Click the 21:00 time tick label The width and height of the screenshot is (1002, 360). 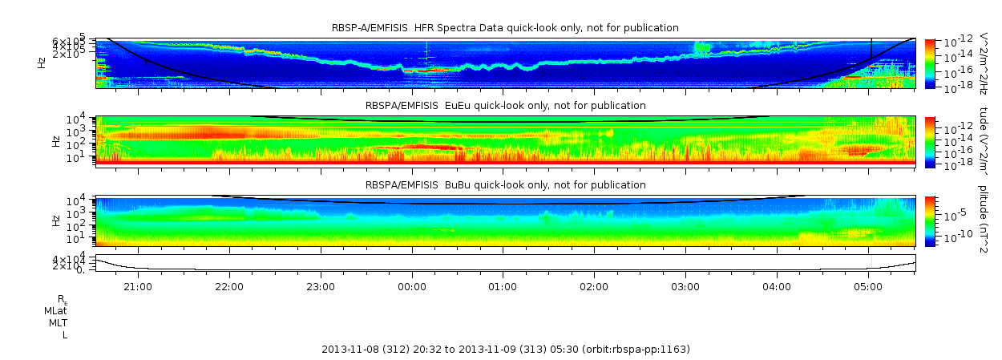pos(138,285)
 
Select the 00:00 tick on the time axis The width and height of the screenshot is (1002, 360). pos(412,285)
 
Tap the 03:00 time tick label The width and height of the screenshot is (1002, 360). pos(686,285)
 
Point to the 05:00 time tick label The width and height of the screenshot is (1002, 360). pos(869,285)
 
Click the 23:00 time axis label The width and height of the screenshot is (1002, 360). pos(321,285)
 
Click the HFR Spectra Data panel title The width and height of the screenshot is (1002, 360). pos(505,28)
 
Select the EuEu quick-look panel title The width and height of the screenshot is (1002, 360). pos(505,105)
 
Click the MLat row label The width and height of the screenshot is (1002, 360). pos(55,310)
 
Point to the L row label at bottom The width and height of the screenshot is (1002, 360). pos(65,334)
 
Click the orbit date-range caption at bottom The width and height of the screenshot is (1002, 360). pos(505,350)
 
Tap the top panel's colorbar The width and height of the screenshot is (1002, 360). pos(930,63)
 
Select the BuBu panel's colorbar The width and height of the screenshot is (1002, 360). pos(930,220)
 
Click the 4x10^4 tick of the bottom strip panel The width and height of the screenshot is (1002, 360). pos(80,260)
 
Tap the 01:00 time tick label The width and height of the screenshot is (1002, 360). pos(503,285)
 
